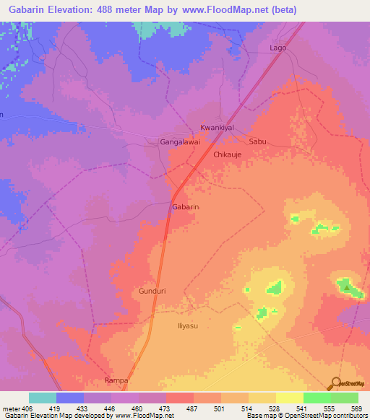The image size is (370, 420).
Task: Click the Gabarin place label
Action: (185, 207)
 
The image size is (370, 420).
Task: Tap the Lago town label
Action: (277, 48)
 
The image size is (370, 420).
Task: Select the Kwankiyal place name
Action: (218, 127)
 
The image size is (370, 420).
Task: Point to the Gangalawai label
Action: (179, 143)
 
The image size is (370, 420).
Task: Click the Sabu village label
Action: (258, 142)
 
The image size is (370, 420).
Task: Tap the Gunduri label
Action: (152, 291)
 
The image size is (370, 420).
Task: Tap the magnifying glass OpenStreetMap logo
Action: (336, 384)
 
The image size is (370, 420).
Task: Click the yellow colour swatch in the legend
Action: (289, 398)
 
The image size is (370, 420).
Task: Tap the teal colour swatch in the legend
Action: (43, 398)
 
